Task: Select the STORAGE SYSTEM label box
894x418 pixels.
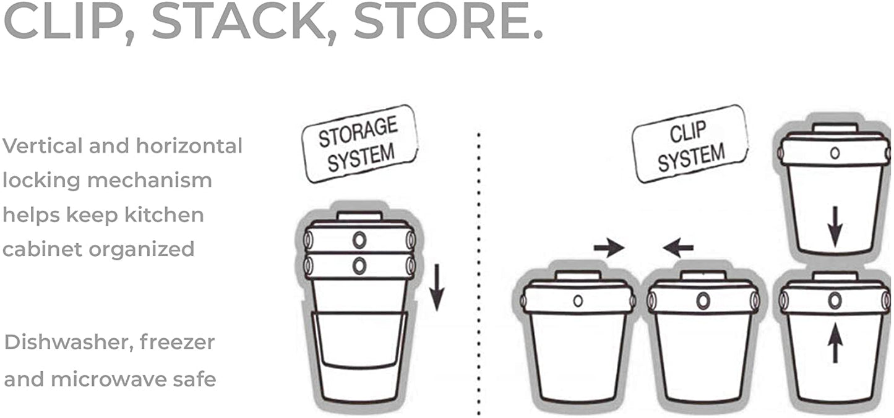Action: [x=359, y=143]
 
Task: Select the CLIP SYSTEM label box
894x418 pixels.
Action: [x=690, y=143]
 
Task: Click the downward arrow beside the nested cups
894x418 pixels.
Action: [x=437, y=287]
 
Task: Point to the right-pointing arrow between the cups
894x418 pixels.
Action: [x=609, y=248]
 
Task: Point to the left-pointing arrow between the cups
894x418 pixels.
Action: [x=678, y=248]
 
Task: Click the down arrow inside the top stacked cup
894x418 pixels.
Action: [x=835, y=227]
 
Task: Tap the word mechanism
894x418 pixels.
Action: [x=150, y=180]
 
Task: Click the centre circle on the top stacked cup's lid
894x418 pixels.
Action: [x=835, y=153]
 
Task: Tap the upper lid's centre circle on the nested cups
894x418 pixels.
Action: [x=359, y=240]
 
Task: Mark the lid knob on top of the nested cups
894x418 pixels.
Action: [x=359, y=216]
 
